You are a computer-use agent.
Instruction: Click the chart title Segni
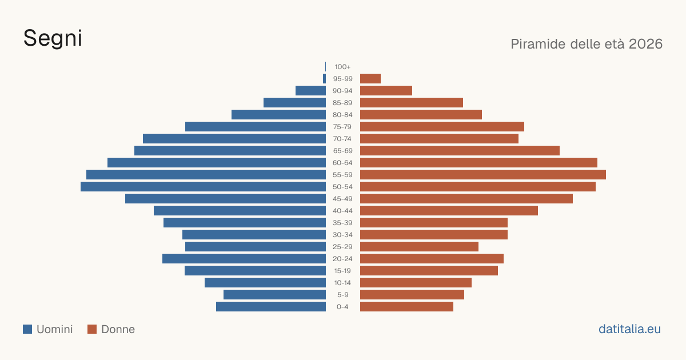coord(53,38)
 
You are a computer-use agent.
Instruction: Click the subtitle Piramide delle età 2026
coord(587,44)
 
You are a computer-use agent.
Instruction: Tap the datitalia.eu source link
coord(629,329)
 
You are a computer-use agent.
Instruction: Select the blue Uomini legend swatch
coord(27,329)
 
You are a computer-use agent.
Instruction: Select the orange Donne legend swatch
coord(92,329)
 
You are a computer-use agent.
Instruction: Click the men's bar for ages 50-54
coord(203,187)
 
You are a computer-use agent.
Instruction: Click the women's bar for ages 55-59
coord(483,175)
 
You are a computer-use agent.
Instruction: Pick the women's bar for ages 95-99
coord(370,79)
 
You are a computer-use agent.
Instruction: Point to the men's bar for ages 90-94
coord(310,91)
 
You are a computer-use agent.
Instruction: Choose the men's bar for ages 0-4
coord(271,307)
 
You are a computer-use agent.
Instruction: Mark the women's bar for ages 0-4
coord(406,307)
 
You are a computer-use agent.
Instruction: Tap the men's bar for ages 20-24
coord(244,259)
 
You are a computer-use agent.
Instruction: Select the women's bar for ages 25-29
coord(419,247)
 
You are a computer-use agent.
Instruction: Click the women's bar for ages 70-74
coord(439,139)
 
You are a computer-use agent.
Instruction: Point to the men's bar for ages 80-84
coord(279,115)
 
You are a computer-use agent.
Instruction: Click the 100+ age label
coord(342,67)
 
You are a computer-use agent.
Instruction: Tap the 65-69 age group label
coord(342,151)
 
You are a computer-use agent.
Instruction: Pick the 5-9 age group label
coord(342,295)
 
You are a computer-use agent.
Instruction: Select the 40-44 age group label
coord(342,211)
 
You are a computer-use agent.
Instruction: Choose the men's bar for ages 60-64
coord(217,163)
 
